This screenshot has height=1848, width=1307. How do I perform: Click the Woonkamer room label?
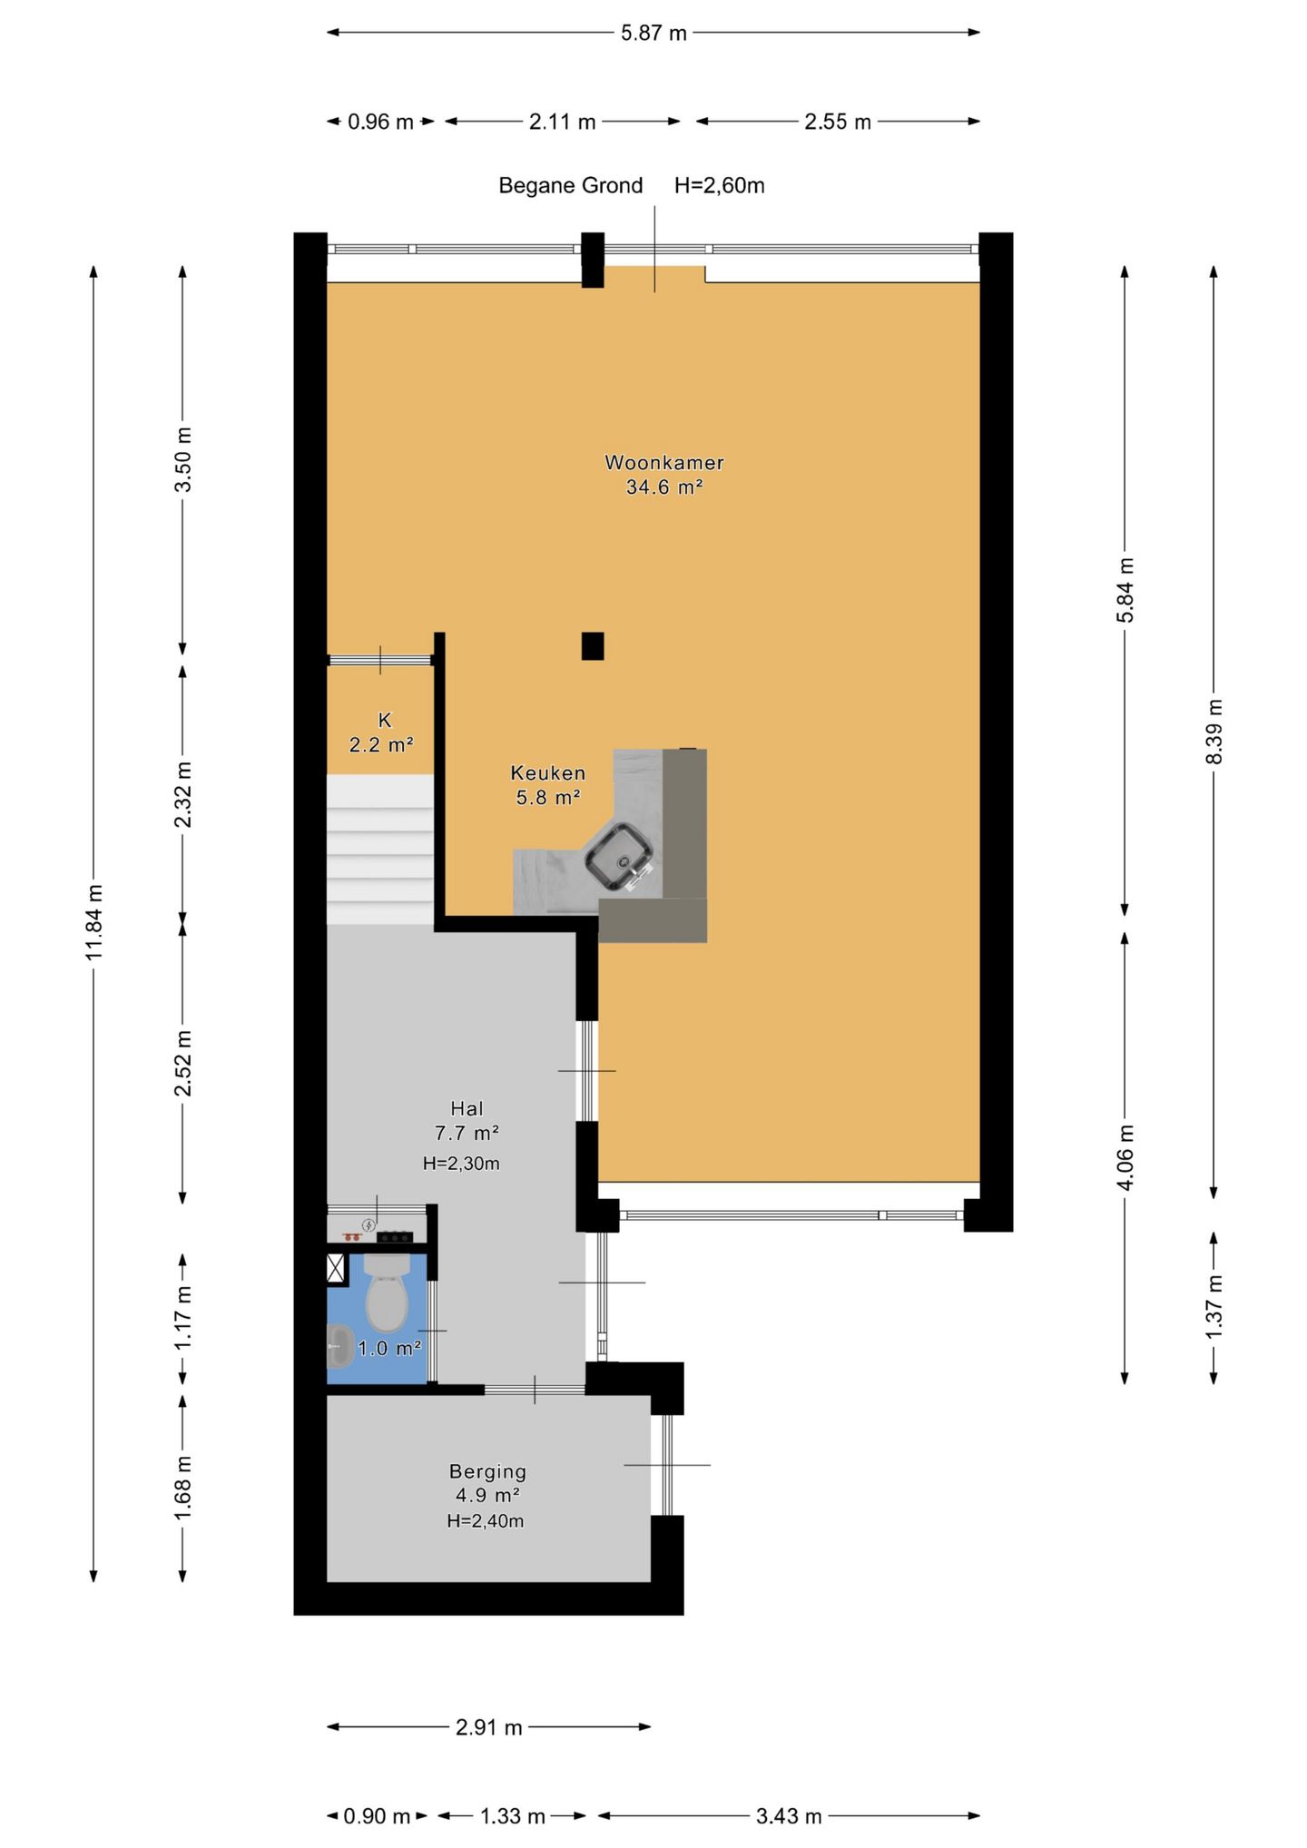tap(664, 462)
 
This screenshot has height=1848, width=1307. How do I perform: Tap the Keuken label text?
tap(548, 773)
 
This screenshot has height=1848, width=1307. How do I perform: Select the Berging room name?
tap(487, 1471)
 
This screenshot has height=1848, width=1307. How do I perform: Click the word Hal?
tap(467, 1108)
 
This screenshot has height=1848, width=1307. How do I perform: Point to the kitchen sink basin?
tap(619, 856)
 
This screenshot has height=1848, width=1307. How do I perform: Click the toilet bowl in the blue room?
tap(387, 1292)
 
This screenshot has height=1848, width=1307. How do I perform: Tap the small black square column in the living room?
tap(593, 645)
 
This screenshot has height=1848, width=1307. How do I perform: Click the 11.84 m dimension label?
tap(95, 920)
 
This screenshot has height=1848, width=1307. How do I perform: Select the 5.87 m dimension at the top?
tap(653, 33)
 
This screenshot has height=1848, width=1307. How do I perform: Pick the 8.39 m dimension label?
tap(1214, 732)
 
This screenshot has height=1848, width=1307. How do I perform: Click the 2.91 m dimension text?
tap(489, 1726)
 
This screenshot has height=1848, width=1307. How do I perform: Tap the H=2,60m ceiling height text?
tap(719, 186)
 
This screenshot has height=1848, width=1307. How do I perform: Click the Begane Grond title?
tap(570, 186)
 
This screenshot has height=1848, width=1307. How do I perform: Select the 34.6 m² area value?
tap(664, 487)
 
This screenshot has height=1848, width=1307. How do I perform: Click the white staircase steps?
tap(380, 850)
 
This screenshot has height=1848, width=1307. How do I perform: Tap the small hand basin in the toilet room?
tap(339, 1345)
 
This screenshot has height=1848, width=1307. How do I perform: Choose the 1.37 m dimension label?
tap(1214, 1306)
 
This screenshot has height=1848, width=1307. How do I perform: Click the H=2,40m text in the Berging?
tap(485, 1520)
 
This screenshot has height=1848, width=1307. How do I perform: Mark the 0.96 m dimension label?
tap(380, 122)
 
